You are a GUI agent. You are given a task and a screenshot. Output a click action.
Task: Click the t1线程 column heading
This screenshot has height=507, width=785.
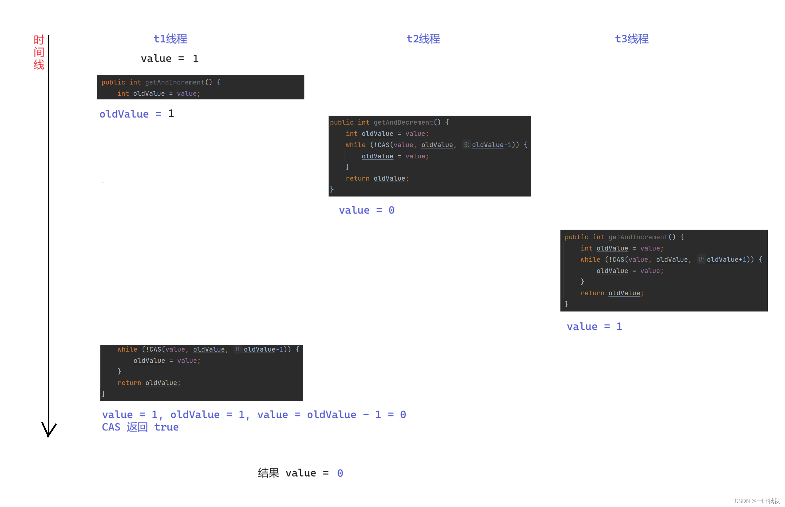[x=170, y=39]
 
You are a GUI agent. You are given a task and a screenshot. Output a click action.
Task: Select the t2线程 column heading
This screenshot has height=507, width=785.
[x=423, y=39]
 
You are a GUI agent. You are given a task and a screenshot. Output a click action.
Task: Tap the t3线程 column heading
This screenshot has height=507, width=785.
[x=632, y=39]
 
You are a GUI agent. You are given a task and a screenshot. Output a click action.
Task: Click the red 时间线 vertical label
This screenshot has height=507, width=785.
[x=39, y=52]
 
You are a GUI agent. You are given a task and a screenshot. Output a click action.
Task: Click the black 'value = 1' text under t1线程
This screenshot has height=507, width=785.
[x=170, y=59]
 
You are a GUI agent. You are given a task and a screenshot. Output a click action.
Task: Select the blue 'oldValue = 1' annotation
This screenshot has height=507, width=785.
[x=136, y=114]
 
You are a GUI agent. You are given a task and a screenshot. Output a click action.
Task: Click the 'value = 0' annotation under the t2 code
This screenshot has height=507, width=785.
[x=366, y=210]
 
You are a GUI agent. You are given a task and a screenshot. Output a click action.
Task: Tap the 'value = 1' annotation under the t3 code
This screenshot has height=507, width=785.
[x=594, y=326]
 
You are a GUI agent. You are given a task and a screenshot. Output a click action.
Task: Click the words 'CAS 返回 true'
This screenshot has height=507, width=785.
[x=140, y=427]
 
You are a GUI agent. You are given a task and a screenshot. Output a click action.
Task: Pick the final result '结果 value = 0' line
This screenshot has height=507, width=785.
[x=300, y=473]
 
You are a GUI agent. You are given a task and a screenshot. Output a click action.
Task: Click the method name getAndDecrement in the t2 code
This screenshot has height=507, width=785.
[x=403, y=122]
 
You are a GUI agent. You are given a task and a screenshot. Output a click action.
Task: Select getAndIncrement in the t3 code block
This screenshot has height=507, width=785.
[x=638, y=237]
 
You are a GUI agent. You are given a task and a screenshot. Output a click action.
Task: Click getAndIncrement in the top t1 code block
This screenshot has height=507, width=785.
[x=175, y=82]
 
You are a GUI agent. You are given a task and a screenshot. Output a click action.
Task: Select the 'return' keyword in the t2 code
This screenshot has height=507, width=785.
[x=357, y=178]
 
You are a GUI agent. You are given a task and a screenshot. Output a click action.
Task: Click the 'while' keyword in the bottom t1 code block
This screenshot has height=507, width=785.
[x=127, y=349]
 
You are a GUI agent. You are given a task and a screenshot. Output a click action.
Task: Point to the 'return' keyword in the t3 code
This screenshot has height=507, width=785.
[x=592, y=293]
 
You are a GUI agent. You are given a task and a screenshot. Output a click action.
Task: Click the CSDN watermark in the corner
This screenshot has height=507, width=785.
[x=757, y=501]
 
